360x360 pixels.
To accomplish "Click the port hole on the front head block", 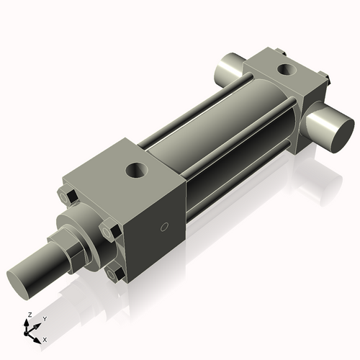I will coord(135,171).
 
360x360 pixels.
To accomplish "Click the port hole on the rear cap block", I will coord(287,71).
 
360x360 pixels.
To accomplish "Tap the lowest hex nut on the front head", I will coord(114,274).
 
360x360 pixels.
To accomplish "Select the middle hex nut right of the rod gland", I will coord(108,233).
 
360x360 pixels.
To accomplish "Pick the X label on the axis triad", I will coord(45,338).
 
